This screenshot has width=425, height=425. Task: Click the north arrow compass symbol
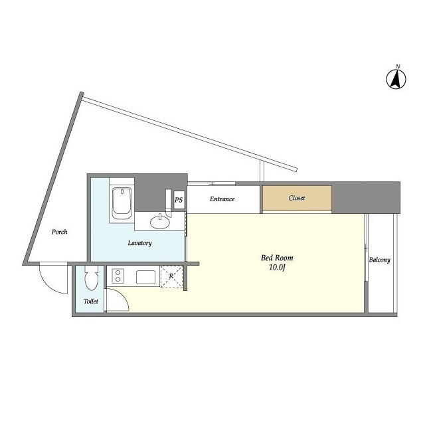pos(396,79)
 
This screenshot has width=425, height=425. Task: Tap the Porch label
pos(59,232)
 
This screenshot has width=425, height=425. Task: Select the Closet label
pos(297,198)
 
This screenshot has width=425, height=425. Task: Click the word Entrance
pos(222,199)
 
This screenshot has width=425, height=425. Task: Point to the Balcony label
pos(379,260)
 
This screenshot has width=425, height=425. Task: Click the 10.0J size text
pos(277,268)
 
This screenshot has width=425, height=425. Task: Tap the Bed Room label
pos(277,258)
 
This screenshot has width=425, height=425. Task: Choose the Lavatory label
pos(139,243)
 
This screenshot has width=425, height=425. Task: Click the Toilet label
pos(91,301)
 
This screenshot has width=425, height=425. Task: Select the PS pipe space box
pos(179,200)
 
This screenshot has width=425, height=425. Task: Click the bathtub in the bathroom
pos(122,203)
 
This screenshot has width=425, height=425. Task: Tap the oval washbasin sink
pos(160,222)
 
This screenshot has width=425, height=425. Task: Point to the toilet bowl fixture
pos(91,278)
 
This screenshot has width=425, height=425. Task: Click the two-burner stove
pos(118,276)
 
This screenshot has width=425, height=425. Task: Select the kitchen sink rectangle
pos(145,277)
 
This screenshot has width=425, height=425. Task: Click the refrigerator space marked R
pos(171,276)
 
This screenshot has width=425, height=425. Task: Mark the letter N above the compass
pos(398,66)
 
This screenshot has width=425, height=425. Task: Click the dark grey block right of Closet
pos(366,197)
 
